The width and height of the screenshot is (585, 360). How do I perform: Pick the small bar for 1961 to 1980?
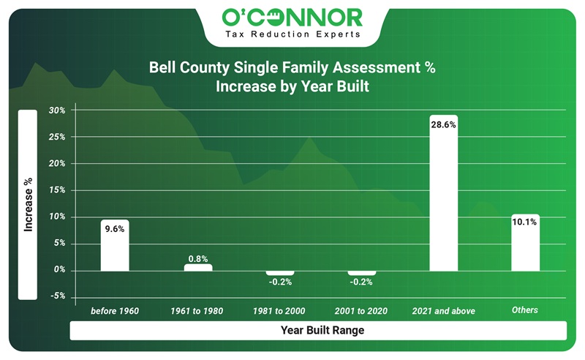(x=197, y=267)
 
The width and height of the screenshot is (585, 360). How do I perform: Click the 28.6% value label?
(x=443, y=124)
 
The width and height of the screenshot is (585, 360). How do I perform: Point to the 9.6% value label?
(x=115, y=228)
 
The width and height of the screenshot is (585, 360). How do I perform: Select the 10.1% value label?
(x=525, y=222)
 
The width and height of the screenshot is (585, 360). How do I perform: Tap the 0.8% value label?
(x=197, y=258)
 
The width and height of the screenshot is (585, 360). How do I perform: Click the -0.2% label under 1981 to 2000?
(x=279, y=282)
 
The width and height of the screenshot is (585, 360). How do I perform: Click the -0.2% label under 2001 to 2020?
(x=361, y=282)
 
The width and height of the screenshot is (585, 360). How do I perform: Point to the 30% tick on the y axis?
(x=57, y=110)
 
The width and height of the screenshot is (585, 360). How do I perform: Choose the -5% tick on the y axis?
(x=57, y=296)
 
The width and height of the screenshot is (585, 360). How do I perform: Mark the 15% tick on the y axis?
(x=57, y=190)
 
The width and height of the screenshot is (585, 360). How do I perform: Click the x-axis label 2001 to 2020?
(x=361, y=311)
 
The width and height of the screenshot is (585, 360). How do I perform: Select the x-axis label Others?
(x=525, y=310)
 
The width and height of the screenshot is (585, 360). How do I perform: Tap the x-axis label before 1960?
(x=115, y=311)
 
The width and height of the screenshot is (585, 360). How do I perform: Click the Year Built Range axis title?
(x=322, y=331)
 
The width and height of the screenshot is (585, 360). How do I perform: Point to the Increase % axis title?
(x=28, y=204)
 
